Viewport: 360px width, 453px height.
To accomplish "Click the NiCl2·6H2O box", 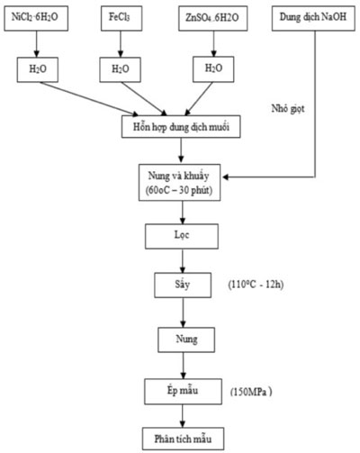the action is (x=36, y=18).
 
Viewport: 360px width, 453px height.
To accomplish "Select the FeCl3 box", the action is (x=121, y=18).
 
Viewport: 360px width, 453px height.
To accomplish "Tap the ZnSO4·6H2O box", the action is (x=213, y=18).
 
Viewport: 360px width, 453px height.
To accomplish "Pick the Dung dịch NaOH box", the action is (x=313, y=18).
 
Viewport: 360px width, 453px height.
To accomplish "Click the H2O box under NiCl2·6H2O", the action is (x=38, y=69).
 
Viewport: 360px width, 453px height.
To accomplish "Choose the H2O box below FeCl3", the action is (x=121, y=69).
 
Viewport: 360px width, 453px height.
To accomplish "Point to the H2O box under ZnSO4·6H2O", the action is (x=213, y=69).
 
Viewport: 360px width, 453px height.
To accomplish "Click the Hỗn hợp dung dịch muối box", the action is (x=181, y=127).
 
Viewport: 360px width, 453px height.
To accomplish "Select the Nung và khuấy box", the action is (x=179, y=183).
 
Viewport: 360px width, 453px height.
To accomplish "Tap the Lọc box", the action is (x=182, y=236).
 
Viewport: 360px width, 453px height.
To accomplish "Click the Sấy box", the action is (x=183, y=285).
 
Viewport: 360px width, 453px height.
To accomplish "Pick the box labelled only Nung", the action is (x=186, y=340).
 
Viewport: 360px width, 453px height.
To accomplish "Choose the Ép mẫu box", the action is (x=183, y=392).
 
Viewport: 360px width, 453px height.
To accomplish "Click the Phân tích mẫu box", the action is (x=183, y=439).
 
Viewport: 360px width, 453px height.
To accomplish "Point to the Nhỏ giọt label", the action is (x=288, y=109).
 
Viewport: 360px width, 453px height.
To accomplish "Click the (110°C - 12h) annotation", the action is (x=256, y=285).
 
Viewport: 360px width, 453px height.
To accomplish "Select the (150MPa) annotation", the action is (x=251, y=392).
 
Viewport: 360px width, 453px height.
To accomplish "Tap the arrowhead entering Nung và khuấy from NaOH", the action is (x=226, y=177).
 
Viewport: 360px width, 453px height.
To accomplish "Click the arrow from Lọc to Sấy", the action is (x=183, y=261).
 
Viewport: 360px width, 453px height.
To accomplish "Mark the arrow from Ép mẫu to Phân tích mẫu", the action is (x=183, y=416).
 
